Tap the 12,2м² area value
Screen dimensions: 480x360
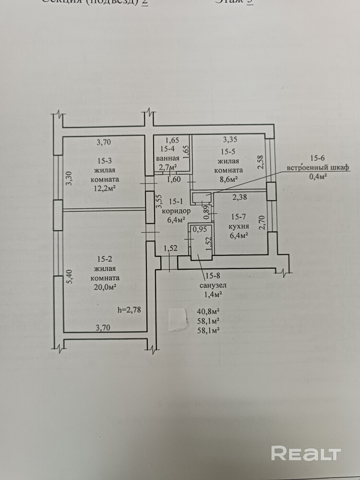[106, 188]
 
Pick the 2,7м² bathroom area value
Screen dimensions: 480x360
[168, 167]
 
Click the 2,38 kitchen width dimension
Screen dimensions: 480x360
[240, 196]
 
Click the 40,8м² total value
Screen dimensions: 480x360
[208, 312]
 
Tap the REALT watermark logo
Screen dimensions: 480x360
[306, 453]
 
